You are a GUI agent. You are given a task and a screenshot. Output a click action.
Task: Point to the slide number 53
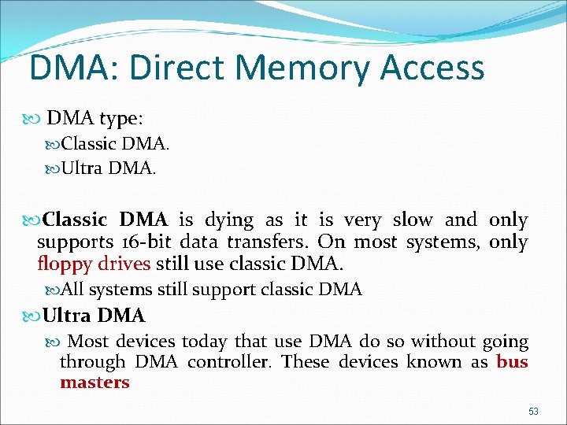pos(533,411)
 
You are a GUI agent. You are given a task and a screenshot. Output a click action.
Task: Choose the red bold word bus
pos(512,362)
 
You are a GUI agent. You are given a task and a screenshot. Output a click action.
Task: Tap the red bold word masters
pos(94,382)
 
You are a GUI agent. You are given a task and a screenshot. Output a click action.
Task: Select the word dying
pos(228,221)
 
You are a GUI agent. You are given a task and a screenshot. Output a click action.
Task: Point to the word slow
pos(411,220)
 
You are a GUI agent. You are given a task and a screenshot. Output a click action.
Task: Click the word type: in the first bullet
pos(120,119)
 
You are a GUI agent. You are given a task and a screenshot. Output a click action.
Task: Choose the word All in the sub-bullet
pos(72,290)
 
